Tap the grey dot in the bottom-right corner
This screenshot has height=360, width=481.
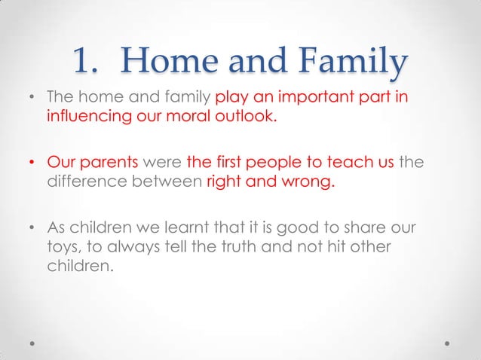tap(448, 342)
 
